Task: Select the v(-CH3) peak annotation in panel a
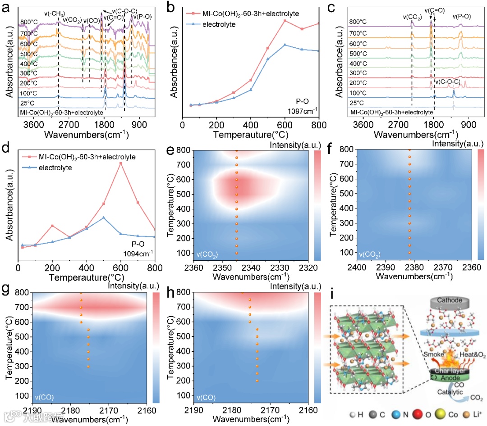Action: click(x=53, y=13)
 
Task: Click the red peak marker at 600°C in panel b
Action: click(x=285, y=21)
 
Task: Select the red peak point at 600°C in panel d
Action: click(x=121, y=163)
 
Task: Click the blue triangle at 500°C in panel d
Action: click(x=104, y=218)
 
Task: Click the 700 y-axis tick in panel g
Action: click(x=23, y=308)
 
